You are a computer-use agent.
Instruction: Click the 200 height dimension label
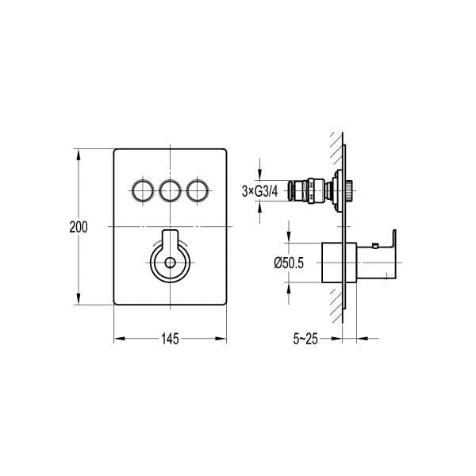tap(79, 227)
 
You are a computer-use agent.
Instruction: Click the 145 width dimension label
tap(169, 339)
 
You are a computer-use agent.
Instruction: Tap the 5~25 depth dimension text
tap(305, 340)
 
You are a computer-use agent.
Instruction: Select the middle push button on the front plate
tap(170, 190)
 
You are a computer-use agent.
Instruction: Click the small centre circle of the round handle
tap(170, 265)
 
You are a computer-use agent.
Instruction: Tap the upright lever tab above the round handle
tap(170, 240)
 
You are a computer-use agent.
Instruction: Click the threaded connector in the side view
tap(310, 191)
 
